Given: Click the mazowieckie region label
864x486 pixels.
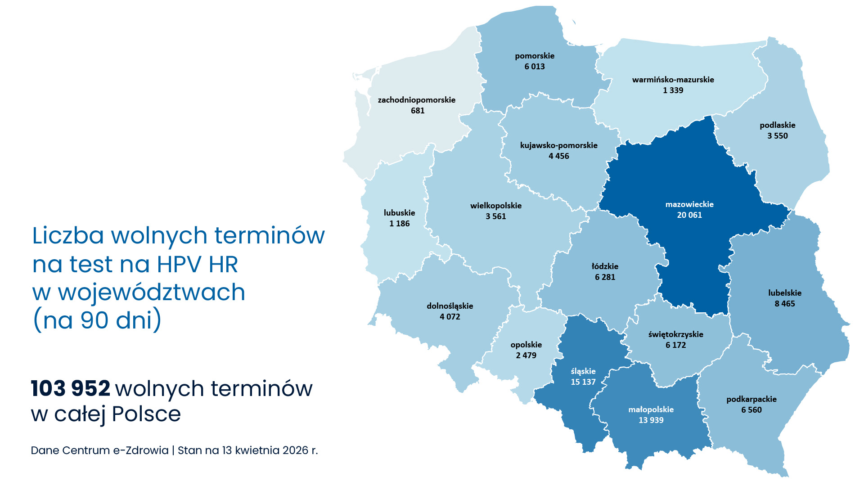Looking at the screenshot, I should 689,204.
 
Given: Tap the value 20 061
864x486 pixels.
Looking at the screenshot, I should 689,215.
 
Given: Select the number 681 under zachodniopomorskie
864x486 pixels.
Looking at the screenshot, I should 418,111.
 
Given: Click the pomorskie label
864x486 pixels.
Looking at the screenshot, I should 535,56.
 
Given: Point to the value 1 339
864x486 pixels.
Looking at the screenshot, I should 673,90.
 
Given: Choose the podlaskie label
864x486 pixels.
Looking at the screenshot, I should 778,125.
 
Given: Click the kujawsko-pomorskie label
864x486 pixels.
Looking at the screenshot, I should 558,145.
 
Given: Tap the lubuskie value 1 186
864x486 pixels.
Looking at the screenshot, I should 399,224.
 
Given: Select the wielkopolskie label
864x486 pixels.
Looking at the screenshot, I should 496,206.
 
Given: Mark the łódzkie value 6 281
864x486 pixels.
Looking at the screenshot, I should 605,277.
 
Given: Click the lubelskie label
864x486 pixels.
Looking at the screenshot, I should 785,293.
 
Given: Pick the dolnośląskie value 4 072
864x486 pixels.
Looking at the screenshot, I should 450,317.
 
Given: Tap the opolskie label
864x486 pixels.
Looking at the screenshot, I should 526,345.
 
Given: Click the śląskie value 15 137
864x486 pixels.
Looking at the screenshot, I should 583,382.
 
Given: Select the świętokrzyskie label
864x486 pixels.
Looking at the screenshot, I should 675,334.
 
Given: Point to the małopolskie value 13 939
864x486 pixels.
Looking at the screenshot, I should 651,420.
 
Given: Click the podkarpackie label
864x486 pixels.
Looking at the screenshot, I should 751,399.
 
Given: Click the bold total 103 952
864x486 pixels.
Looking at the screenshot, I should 71,388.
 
